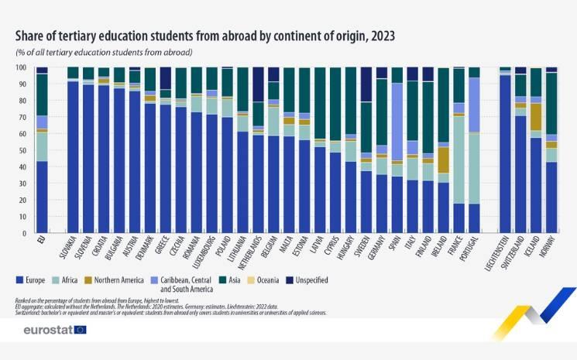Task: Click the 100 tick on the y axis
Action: point(21,67)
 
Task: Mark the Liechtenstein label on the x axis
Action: point(505,256)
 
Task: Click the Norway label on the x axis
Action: point(551,250)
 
